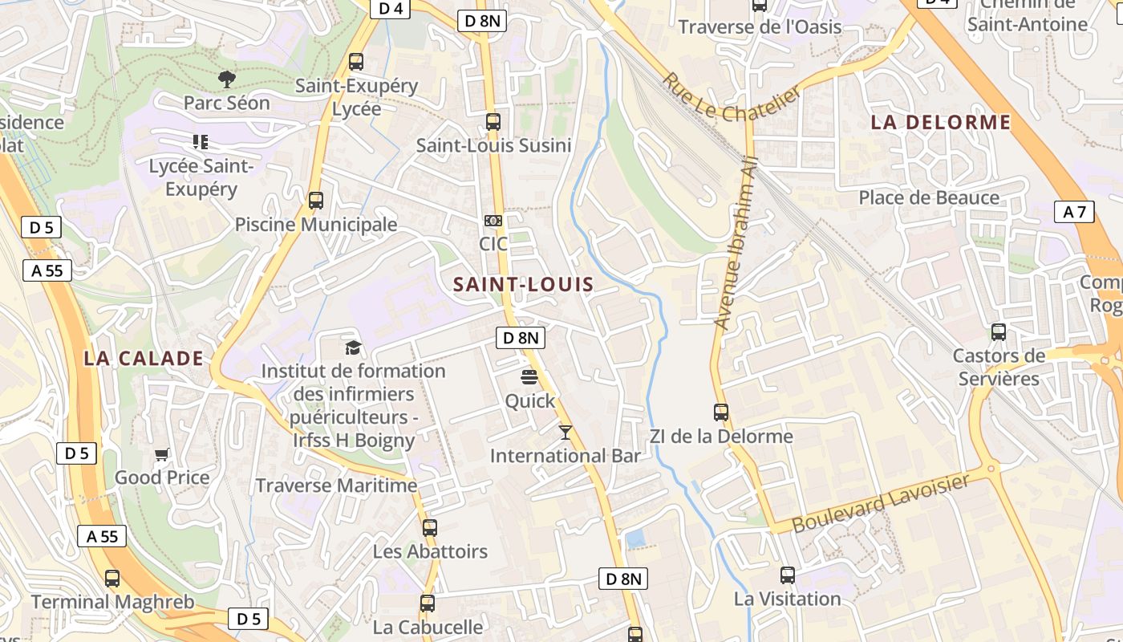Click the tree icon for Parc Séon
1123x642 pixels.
tap(227, 79)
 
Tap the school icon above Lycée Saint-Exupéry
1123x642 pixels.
tap(201, 142)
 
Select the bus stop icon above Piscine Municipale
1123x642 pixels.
tap(316, 201)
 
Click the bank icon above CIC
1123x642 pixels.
tap(493, 220)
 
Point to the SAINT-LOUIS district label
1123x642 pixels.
tap(523, 284)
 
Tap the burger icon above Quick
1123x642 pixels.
tap(529, 376)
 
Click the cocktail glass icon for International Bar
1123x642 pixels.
tap(566, 433)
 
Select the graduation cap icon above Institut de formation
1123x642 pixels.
tap(353, 347)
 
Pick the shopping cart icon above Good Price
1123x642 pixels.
tap(162, 455)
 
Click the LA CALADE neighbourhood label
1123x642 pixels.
tap(144, 359)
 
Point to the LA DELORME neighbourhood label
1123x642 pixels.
tap(941, 123)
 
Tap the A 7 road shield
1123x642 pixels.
tap(1074, 212)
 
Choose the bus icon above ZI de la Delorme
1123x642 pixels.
tap(721, 412)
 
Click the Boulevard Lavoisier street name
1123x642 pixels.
tap(881, 503)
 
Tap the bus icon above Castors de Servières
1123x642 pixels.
tap(999, 332)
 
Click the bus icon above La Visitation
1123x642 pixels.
tap(788, 575)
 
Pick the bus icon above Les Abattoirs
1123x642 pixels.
tap(430, 528)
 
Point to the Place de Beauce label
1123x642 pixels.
tap(929, 197)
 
